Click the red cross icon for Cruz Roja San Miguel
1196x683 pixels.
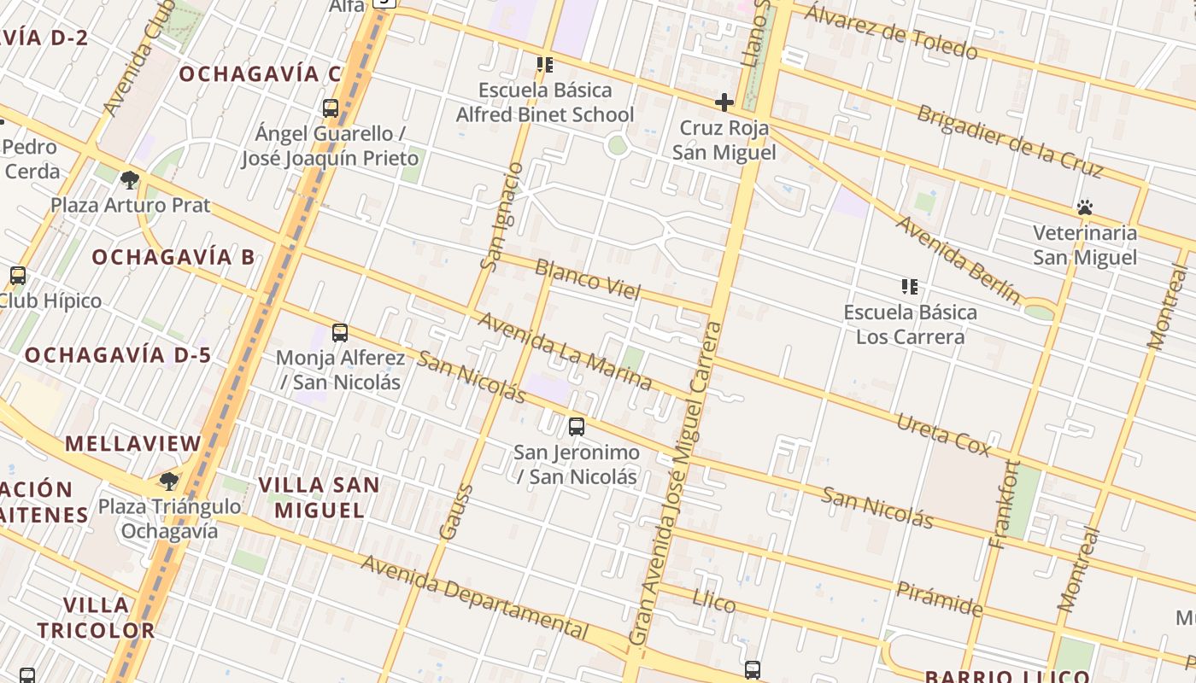[x=724, y=103]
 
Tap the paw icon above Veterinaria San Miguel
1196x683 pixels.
[x=1085, y=207]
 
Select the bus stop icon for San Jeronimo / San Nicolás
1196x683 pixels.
[x=577, y=426]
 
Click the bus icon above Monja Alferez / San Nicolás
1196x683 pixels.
[x=340, y=333]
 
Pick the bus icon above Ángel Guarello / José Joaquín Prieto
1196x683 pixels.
[x=331, y=108]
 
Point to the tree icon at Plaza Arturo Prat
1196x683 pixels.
[x=130, y=179]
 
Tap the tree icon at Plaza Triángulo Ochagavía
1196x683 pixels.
[x=169, y=481]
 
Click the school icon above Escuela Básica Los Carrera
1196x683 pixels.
[x=910, y=287]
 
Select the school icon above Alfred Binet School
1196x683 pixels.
[x=544, y=65]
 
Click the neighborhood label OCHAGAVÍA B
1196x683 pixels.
[x=173, y=257]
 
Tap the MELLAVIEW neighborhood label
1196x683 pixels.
[x=133, y=444]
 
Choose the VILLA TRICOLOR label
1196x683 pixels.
[x=96, y=618]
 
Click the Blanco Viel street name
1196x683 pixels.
[x=587, y=279]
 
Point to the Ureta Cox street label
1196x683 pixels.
[x=943, y=435]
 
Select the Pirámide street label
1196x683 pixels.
[x=939, y=598]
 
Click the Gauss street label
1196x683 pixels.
[x=455, y=512]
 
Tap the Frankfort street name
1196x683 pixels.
[x=1004, y=504]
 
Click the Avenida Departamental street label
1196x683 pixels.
[x=475, y=596]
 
